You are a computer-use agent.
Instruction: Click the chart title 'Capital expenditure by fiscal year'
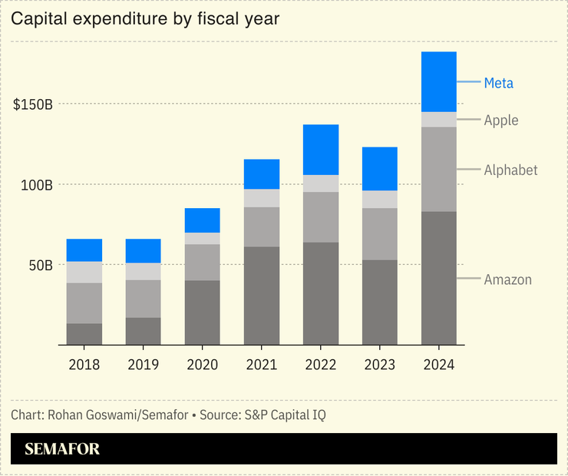click(x=144, y=18)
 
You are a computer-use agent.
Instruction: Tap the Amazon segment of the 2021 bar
click(x=262, y=296)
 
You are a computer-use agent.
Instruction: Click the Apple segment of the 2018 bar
click(x=84, y=272)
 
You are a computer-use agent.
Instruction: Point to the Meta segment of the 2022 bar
click(x=321, y=150)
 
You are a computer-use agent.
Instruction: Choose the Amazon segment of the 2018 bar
click(x=84, y=334)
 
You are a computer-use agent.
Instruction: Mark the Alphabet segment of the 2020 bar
click(x=203, y=262)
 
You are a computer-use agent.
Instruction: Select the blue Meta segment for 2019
click(x=144, y=251)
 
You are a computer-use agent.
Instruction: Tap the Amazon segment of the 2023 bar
click(x=380, y=302)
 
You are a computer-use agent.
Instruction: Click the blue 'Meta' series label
click(x=498, y=83)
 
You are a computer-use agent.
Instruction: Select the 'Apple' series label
click(x=500, y=121)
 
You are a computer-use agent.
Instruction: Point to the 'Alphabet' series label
click(x=510, y=170)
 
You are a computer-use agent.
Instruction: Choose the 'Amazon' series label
click(x=507, y=279)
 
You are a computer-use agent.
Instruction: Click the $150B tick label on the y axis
click(x=33, y=104)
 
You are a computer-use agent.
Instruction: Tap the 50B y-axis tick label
click(x=37, y=266)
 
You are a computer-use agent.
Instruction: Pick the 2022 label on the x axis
click(x=321, y=364)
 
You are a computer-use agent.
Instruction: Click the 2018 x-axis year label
click(x=84, y=364)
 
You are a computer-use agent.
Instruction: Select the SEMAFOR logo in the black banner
click(x=62, y=449)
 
